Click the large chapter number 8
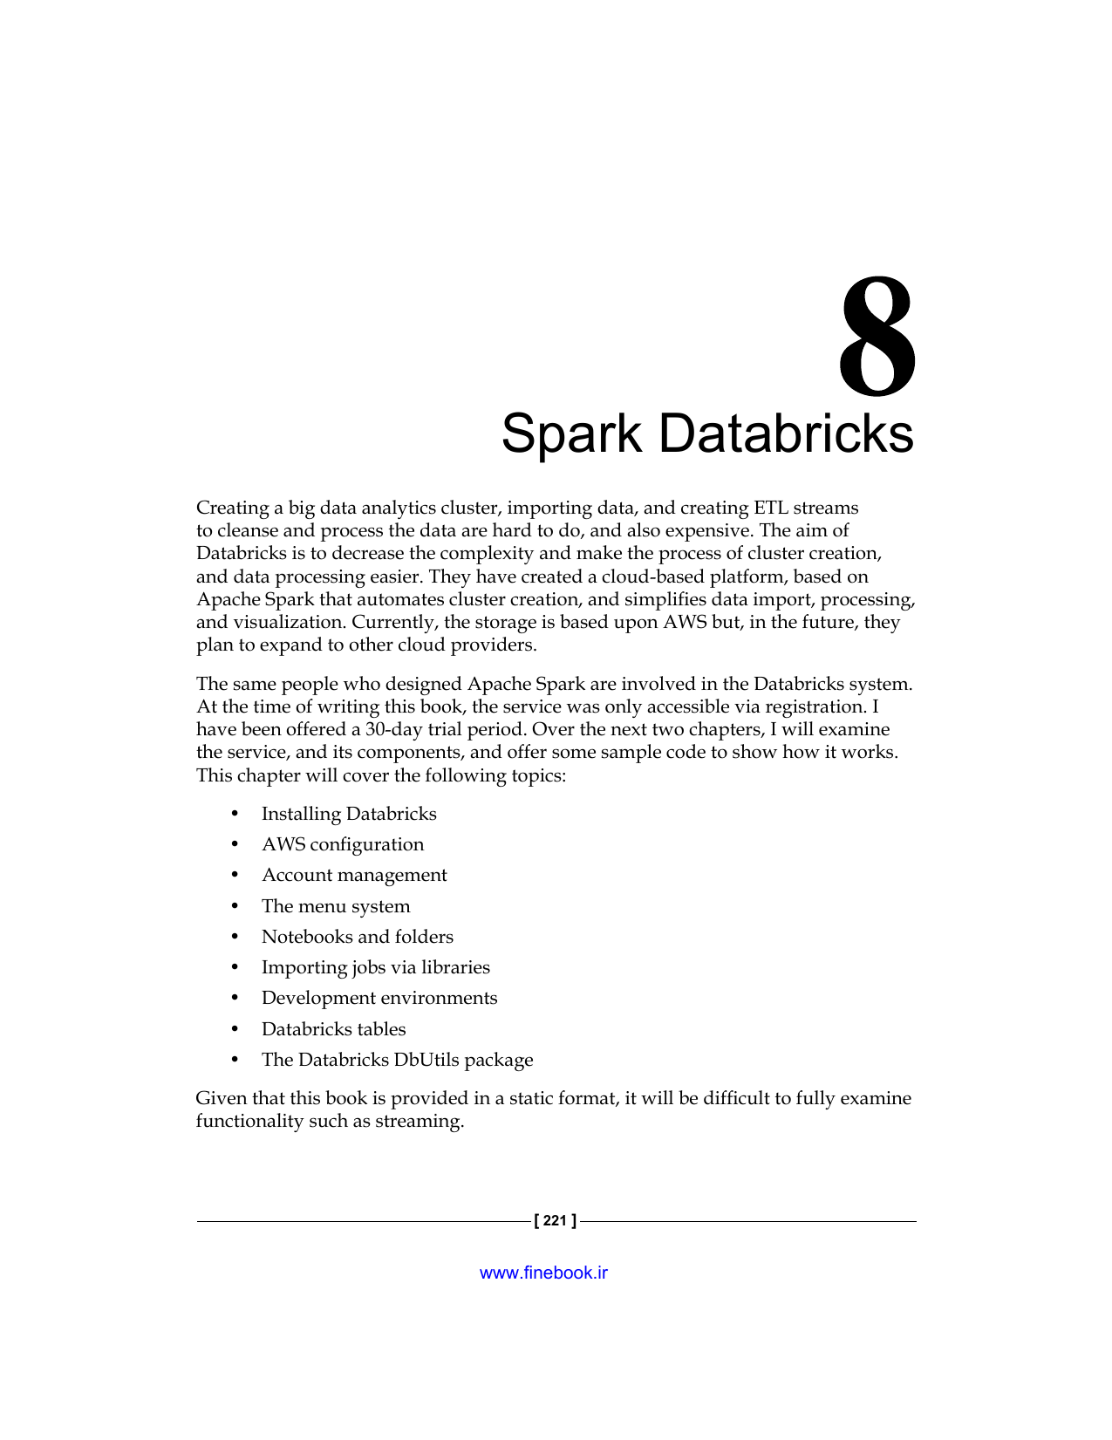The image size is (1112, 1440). (x=877, y=337)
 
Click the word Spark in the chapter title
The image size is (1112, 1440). (x=571, y=433)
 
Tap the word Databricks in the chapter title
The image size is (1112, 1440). (x=786, y=433)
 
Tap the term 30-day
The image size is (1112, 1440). (x=393, y=729)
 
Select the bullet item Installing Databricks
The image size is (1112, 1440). (x=349, y=814)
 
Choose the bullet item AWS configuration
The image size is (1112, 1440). (x=343, y=844)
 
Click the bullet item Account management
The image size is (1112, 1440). (x=354, y=875)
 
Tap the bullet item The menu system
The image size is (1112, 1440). (x=336, y=906)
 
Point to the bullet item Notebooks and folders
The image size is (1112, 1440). (x=358, y=937)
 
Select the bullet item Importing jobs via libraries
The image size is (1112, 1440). (x=376, y=967)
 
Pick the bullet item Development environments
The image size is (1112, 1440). (x=379, y=998)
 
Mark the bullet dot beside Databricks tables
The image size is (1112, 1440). (x=234, y=1029)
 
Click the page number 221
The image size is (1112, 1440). (x=555, y=1221)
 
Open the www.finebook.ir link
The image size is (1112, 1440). (x=543, y=1273)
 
